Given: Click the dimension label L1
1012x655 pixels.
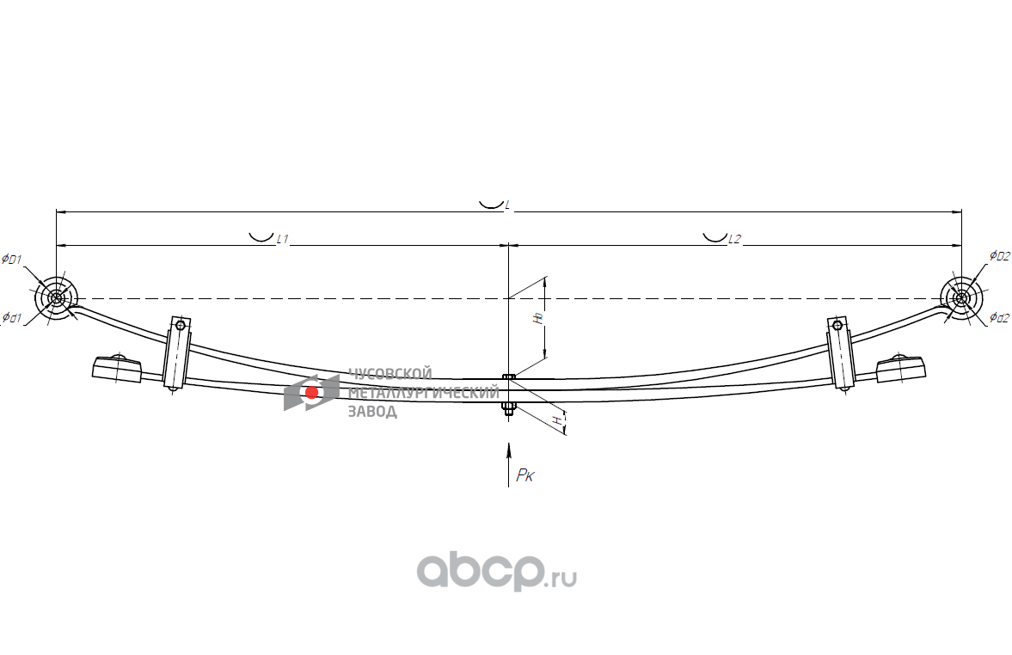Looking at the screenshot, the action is click(x=281, y=240).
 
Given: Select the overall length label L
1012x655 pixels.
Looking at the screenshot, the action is click(x=507, y=205).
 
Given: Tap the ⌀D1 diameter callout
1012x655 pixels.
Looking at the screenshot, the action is click(x=13, y=259).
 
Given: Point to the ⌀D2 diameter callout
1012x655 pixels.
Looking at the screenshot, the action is click(x=998, y=255).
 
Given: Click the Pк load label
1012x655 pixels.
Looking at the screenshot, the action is click(x=524, y=475).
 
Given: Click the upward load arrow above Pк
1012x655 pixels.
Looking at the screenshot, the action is click(x=509, y=451).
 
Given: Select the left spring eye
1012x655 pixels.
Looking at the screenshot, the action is click(x=56, y=298).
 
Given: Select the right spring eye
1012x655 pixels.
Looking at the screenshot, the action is click(x=960, y=298).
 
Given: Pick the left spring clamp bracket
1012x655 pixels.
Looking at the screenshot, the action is click(x=176, y=354).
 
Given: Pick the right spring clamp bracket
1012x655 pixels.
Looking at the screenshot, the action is click(x=840, y=354).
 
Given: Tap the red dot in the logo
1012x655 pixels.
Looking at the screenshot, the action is click(x=311, y=393).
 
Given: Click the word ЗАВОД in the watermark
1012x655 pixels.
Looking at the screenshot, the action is click(x=372, y=412).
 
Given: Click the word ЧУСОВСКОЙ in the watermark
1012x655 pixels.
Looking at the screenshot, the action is click(x=389, y=374).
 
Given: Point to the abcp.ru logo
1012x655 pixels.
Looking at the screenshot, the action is click(x=496, y=571).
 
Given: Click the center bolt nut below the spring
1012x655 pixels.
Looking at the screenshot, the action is click(x=508, y=408).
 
